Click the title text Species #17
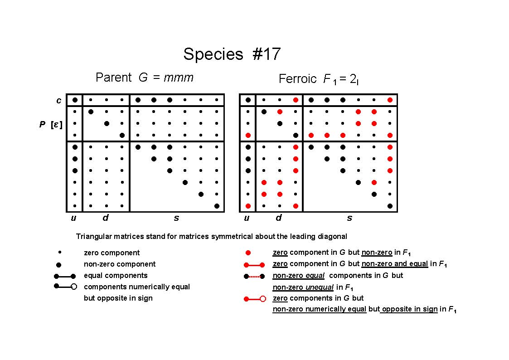pyautogui.click(x=232, y=54)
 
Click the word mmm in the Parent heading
pyautogui.click(x=179, y=78)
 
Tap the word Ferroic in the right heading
pyautogui.click(x=297, y=79)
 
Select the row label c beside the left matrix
pyautogui.click(x=59, y=101)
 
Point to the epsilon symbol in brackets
pyautogui.click(x=56, y=124)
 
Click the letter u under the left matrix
pyautogui.click(x=74, y=218)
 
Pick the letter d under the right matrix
pyautogui.click(x=278, y=218)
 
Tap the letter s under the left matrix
pyautogui.click(x=176, y=218)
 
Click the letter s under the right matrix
pyautogui.click(x=349, y=218)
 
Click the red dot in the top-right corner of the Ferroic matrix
pyautogui.click(x=390, y=100)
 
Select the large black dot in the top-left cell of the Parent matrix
pyautogui.click(x=75, y=100)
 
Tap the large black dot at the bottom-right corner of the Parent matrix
pyautogui.click(x=217, y=206)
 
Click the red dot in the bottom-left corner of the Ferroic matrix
pyautogui.click(x=248, y=206)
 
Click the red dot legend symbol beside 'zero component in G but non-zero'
pyautogui.click(x=248, y=253)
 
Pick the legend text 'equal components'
pyautogui.click(x=116, y=276)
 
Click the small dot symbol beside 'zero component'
pyautogui.click(x=59, y=252)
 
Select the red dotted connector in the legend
pyautogui.click(x=254, y=277)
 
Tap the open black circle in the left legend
pyautogui.click(x=74, y=287)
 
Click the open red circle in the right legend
pyautogui.click(x=263, y=299)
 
